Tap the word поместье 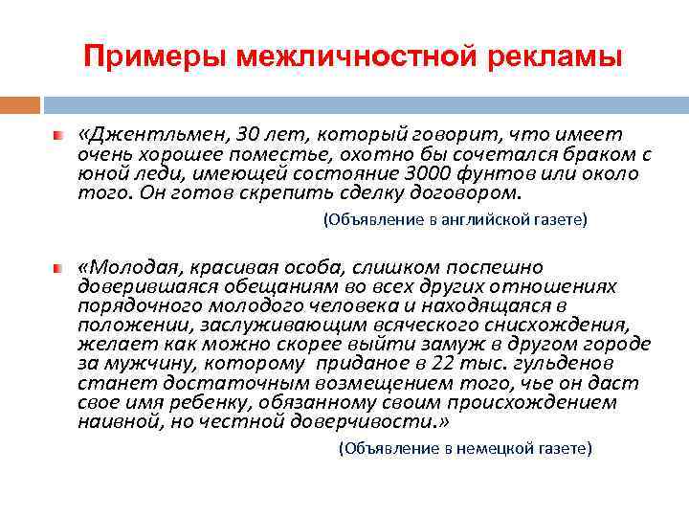click(x=263, y=154)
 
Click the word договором click(x=467, y=192)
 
